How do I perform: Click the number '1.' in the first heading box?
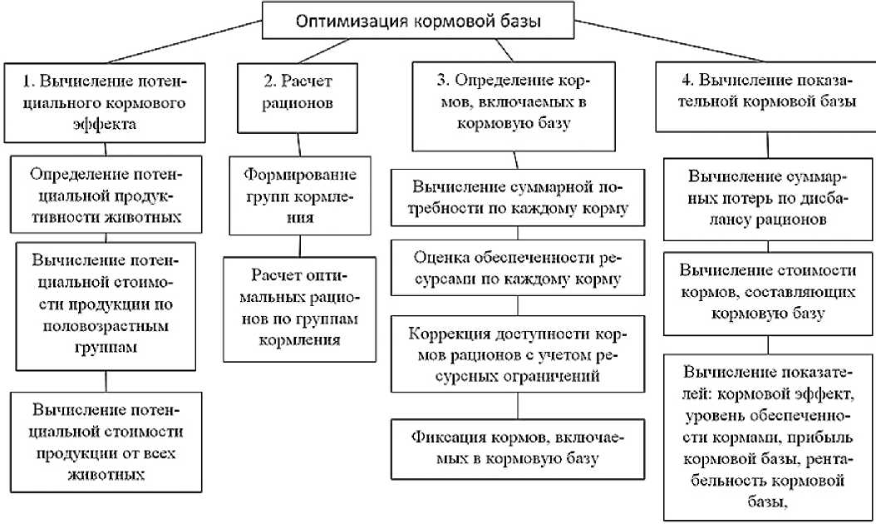click(x=30, y=83)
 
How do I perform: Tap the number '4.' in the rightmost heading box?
click(x=687, y=83)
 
